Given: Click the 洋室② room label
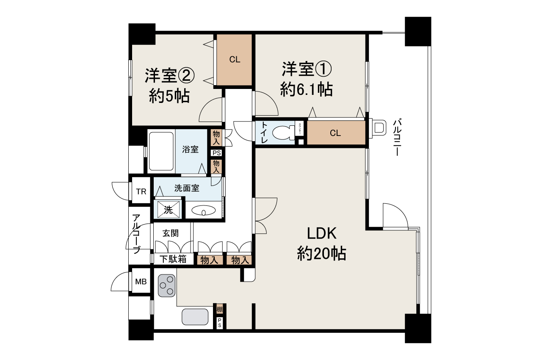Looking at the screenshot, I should coord(169,75).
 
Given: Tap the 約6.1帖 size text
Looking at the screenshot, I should coord(306,89).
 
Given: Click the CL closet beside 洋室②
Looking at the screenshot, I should coord(235,60).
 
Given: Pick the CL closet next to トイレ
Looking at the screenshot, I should coord(335,133).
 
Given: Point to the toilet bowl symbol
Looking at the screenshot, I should coord(283,133).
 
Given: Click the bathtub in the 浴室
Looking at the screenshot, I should coord(161,151).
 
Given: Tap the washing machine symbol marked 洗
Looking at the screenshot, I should coord(168,209).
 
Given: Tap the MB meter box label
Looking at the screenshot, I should coord(141,281).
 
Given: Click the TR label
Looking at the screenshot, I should coord(141,191).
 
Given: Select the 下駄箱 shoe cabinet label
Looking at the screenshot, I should coord(173,259).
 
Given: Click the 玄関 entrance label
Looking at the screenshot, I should coord(171,233).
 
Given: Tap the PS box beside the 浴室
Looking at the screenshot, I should coord(216,153).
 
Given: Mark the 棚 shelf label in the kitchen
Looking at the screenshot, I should coord(219,310).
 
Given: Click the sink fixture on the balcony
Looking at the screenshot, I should coord(379,128).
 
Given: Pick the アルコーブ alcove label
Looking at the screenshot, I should coord(136,234).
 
